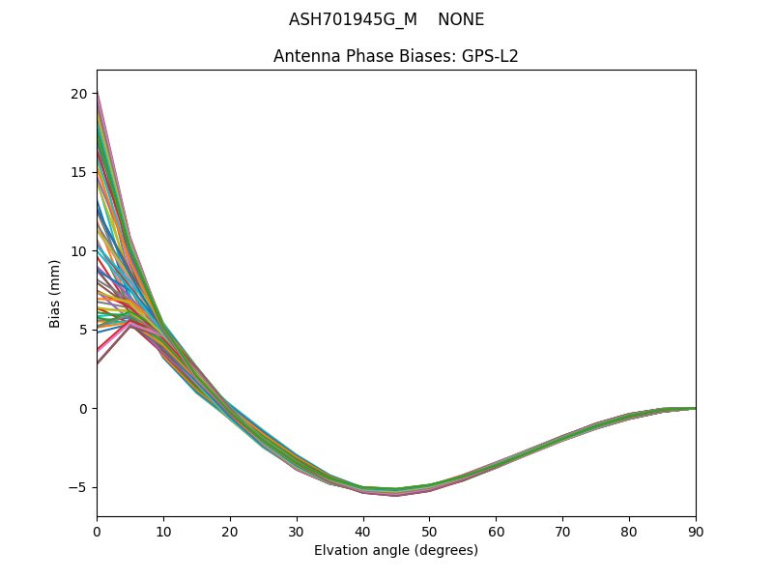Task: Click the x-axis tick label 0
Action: tap(97, 531)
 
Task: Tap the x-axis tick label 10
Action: tap(163, 531)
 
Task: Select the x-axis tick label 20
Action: tap(230, 531)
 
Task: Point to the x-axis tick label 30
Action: tap(297, 531)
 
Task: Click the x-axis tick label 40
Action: tap(363, 531)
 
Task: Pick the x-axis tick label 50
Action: tap(429, 531)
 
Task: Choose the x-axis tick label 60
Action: tap(496, 531)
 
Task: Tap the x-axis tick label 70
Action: tap(562, 531)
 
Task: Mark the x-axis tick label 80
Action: tap(629, 531)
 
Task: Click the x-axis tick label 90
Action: tap(696, 531)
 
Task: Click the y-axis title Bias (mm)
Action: tap(55, 293)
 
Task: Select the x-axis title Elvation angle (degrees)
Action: tap(396, 551)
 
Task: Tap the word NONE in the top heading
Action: tap(461, 20)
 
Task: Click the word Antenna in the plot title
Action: tap(303, 56)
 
